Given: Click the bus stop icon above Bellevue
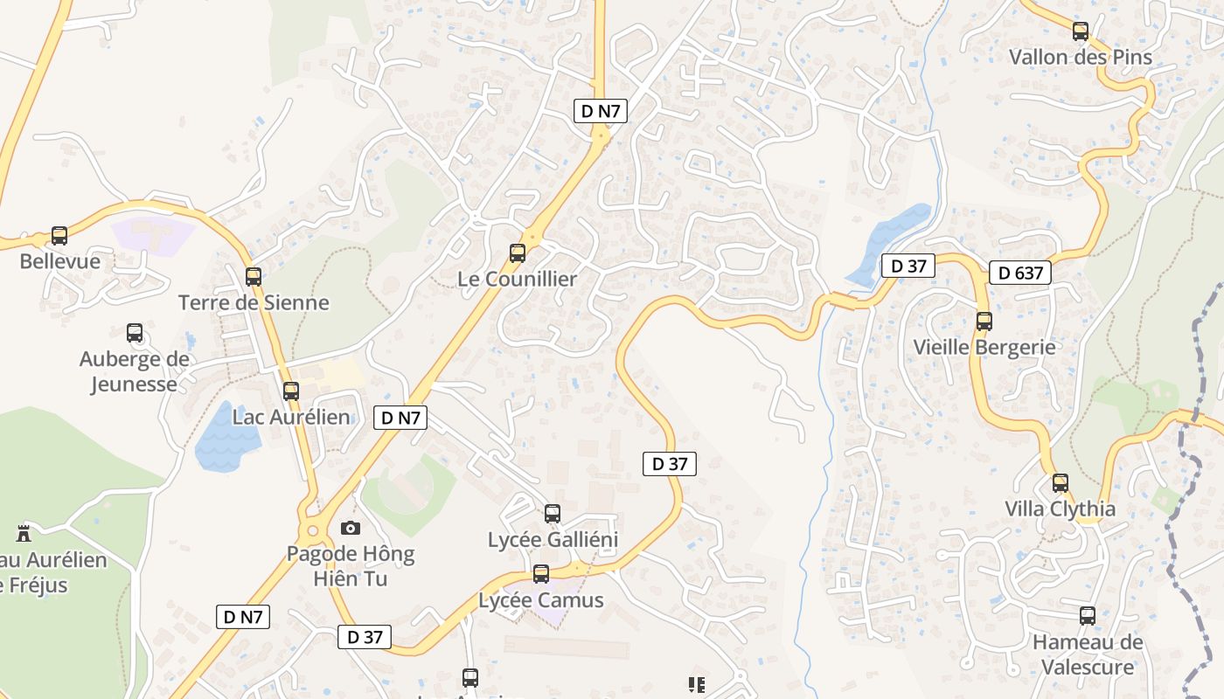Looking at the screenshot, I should coord(59,236).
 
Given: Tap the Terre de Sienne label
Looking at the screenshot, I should coord(254,303).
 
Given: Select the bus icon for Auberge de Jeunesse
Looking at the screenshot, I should coord(135,333).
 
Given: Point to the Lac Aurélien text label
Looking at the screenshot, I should coord(291,418).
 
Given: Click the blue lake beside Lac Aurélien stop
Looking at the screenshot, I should coord(223,439).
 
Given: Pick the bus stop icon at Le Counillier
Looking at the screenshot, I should coord(518,253).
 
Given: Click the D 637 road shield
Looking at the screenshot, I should coord(1020,273).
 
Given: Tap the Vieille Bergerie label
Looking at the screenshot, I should coord(984,347).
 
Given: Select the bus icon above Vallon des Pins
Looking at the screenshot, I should coord(1081,31).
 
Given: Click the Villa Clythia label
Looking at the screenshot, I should coord(1060,509).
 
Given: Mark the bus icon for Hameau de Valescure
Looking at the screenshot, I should coord(1088,616).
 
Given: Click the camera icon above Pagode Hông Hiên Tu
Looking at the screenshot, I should coord(350,528).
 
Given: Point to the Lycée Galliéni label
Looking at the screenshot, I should coord(553,540).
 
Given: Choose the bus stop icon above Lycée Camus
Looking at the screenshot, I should coord(541,574).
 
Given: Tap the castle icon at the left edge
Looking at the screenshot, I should coord(24,533).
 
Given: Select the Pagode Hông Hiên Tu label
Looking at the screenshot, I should coord(351,566).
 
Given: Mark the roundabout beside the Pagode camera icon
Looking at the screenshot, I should coord(310,529).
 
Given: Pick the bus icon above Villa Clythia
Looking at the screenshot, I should coord(1061,482).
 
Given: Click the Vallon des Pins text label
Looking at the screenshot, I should coord(1081,58).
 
